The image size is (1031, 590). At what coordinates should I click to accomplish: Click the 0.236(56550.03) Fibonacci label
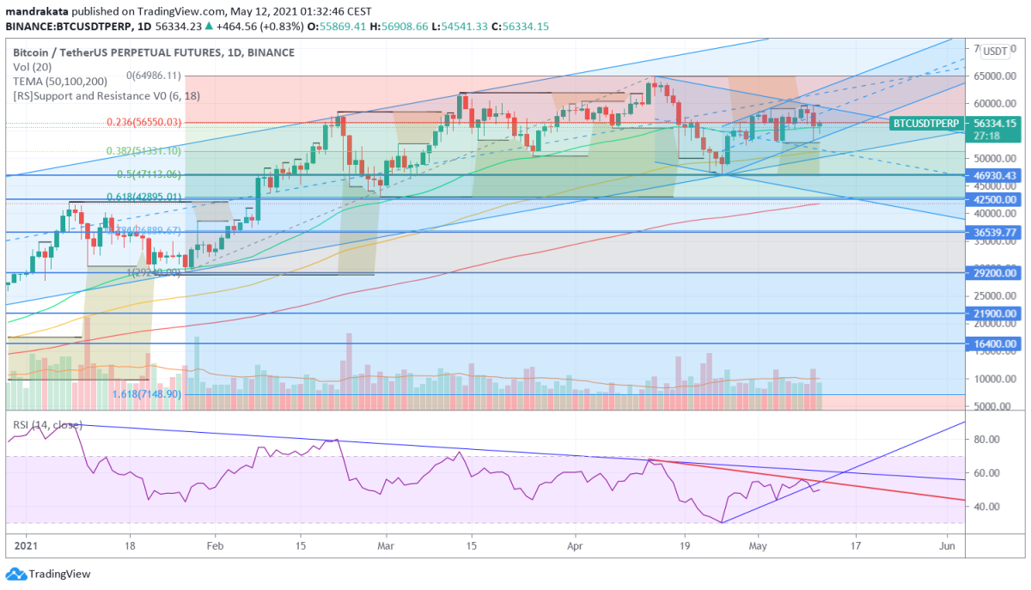(143, 123)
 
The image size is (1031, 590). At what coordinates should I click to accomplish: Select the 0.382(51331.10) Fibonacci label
(143, 151)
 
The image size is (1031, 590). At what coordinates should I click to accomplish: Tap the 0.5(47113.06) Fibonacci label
(149, 174)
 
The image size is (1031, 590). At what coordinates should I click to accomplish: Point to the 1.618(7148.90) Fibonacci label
(146, 394)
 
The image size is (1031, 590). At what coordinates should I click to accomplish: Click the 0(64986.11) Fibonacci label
(149, 76)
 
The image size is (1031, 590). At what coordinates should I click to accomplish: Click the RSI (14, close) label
(47, 425)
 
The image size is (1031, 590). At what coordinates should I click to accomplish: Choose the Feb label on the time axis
(215, 544)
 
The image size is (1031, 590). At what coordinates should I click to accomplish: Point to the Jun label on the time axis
(948, 544)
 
